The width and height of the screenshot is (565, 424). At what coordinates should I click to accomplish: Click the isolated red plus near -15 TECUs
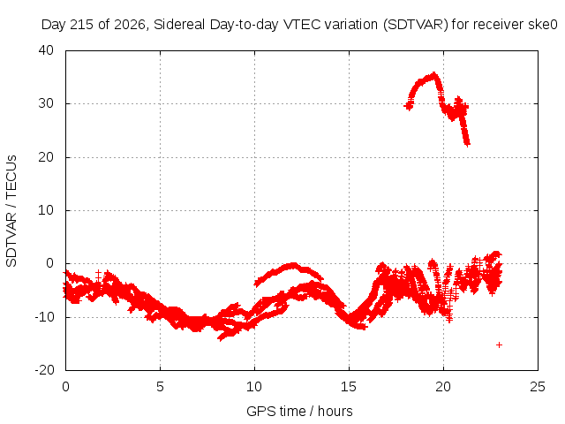click(499, 345)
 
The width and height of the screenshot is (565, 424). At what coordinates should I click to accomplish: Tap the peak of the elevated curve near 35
click(434, 74)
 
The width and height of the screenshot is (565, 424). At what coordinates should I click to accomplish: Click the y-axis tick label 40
click(46, 50)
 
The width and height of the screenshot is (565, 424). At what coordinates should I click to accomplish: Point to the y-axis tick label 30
click(46, 103)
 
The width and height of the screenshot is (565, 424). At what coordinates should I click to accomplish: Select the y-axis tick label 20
click(46, 157)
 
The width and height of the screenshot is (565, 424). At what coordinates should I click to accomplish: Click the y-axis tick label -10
click(44, 317)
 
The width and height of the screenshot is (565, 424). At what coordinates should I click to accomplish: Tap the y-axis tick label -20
click(44, 370)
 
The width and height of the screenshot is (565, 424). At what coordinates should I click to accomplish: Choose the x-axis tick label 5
click(160, 387)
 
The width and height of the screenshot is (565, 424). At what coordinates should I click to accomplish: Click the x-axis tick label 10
click(254, 387)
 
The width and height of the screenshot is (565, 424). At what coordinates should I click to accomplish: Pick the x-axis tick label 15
click(349, 387)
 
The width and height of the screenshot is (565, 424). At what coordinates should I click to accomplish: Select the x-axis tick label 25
click(538, 387)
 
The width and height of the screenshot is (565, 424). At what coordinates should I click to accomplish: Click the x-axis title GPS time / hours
click(299, 412)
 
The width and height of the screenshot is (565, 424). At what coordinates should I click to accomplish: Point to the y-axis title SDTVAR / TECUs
click(11, 211)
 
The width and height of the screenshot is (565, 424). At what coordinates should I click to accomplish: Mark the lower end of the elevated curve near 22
click(467, 144)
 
